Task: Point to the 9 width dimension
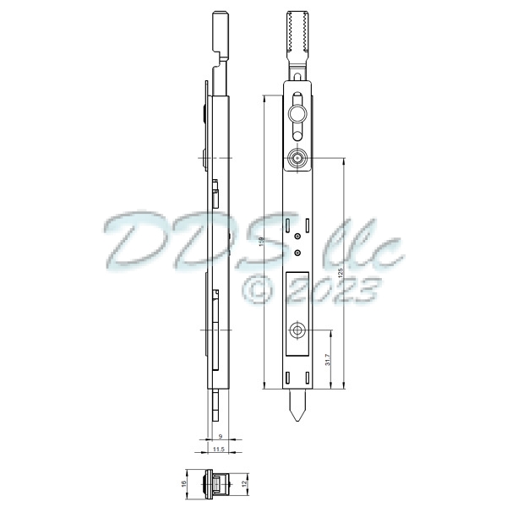(221, 436)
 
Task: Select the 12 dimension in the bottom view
(246, 484)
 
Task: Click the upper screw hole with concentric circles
(297, 158)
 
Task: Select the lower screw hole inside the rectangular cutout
(297, 331)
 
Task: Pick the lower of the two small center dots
(297, 251)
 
